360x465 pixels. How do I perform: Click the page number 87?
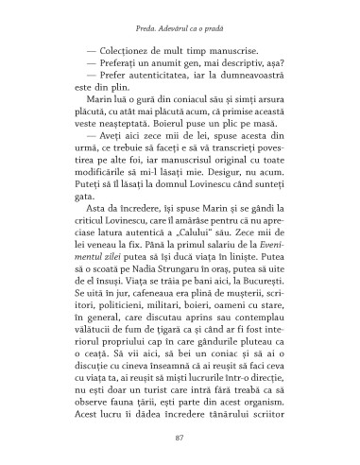180,437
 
